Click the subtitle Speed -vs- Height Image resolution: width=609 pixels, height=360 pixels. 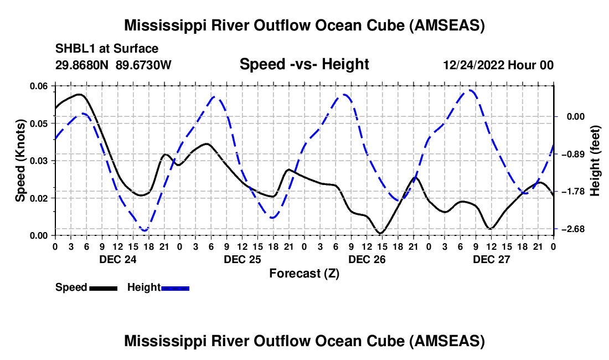point(304,64)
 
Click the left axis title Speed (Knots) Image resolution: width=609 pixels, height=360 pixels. point(20,161)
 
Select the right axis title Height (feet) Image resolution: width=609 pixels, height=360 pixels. point(595,161)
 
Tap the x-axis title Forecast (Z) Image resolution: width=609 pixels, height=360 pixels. point(304,273)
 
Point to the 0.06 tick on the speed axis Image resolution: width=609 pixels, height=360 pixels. point(39,86)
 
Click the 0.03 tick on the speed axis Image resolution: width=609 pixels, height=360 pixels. point(39,161)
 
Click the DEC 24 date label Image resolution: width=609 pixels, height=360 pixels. point(117,259)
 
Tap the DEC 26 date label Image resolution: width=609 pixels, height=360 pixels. point(367,259)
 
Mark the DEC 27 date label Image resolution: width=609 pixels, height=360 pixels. point(491,259)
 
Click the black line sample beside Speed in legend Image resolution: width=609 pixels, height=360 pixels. point(103,288)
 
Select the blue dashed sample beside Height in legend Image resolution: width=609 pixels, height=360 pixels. point(176,288)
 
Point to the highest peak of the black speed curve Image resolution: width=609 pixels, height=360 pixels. point(80,94)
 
